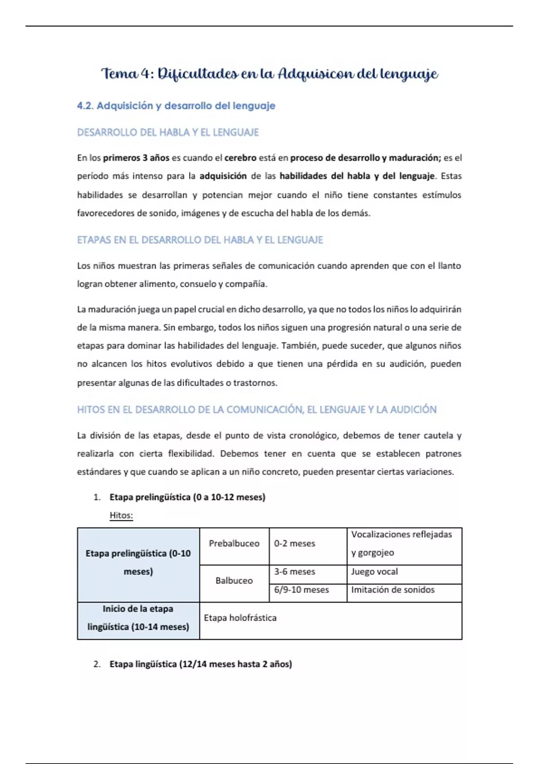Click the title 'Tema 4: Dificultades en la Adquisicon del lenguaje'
[x=269, y=74]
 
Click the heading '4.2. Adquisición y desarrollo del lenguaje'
[x=176, y=106]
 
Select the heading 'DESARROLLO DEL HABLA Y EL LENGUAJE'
[x=168, y=133]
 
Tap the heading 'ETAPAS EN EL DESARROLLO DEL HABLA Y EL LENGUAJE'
[x=200, y=240]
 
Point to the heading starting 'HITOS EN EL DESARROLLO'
[x=256, y=409]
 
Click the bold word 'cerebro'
[x=240, y=158]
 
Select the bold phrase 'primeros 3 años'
[x=136, y=158]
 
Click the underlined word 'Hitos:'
[x=121, y=515]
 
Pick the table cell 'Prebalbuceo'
[x=234, y=543]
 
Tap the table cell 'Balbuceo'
[x=234, y=581]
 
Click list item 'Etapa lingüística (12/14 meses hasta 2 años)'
[x=200, y=664]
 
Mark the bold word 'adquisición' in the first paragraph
[x=223, y=176]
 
